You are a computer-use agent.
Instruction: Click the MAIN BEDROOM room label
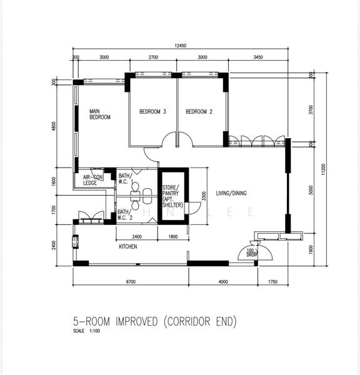100,114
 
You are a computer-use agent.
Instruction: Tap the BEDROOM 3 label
152,112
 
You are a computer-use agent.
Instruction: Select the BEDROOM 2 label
199,112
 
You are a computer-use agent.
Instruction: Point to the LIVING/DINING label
229,193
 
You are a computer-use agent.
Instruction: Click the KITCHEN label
128,247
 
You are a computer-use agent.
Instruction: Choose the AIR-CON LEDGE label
90,180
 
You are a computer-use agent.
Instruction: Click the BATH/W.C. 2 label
124,215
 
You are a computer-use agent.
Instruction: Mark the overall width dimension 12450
181,46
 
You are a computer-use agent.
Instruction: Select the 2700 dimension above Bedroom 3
152,57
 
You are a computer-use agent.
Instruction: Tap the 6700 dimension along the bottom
131,282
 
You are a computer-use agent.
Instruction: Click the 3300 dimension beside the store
203,195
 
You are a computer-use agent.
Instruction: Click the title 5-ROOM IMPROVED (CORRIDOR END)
154,322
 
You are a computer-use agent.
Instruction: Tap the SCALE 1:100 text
86,331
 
